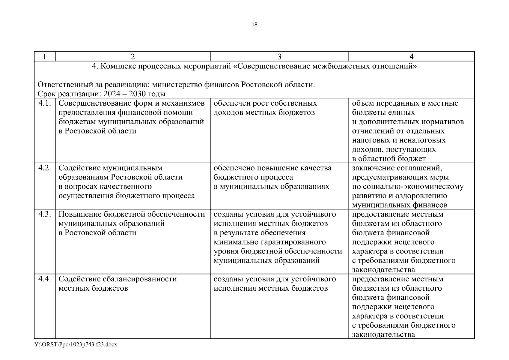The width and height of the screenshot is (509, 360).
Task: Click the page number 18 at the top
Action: pos(254,25)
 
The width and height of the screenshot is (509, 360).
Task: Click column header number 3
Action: pos(279,57)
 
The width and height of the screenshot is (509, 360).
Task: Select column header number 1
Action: pos(45,57)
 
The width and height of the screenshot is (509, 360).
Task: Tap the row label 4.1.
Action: pos(45,103)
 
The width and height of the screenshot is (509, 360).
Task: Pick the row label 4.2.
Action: pos(45,168)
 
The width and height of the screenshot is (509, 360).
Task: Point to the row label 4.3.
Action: pos(45,214)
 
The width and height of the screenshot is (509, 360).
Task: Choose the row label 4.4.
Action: pos(45,279)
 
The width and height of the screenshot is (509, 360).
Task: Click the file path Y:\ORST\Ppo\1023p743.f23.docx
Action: pos(76,345)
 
